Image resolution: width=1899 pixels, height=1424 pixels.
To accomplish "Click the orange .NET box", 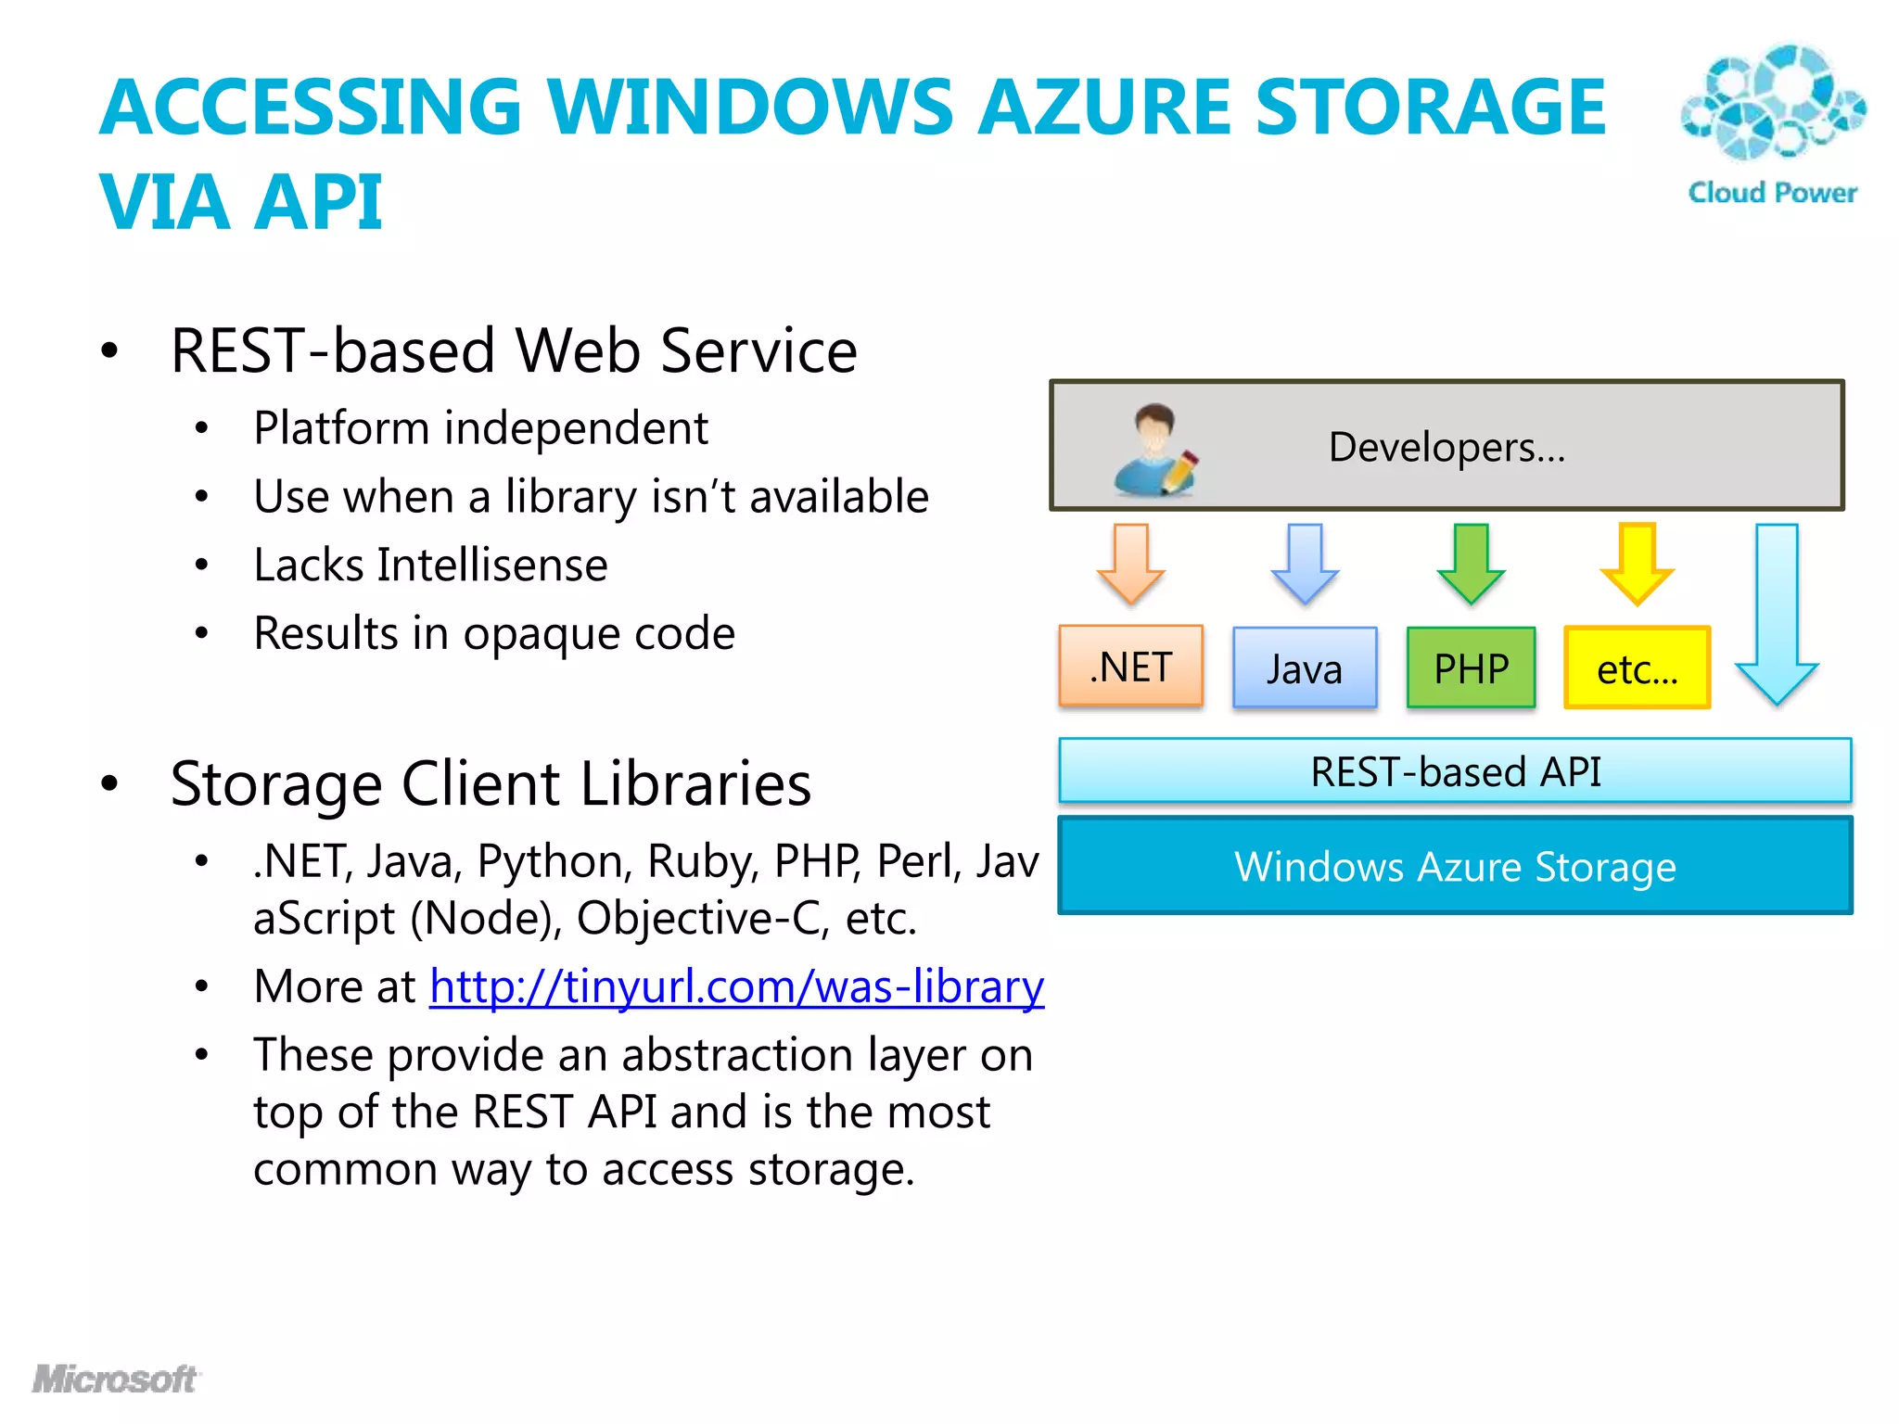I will [1130, 667].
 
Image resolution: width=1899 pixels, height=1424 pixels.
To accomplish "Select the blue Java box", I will [1304, 668].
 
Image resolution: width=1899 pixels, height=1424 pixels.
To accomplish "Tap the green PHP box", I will [1471, 668].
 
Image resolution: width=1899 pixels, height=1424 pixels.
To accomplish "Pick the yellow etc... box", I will [1637, 668].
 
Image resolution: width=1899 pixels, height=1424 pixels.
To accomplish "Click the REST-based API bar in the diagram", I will [1454, 771].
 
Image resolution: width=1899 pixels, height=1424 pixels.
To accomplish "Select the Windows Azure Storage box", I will [1454, 867].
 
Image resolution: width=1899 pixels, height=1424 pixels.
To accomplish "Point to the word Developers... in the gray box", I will [1447, 447].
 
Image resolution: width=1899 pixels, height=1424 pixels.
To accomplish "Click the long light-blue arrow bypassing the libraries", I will [1777, 612].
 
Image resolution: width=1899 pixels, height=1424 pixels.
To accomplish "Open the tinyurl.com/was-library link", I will [736, 986].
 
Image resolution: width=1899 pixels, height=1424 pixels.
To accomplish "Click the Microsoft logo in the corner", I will [115, 1379].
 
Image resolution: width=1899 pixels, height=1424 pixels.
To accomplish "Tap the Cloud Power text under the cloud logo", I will [1772, 193].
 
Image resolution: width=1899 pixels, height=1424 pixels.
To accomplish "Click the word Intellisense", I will [492, 566].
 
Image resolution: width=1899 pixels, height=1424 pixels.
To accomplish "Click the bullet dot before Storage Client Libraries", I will [110, 783].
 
